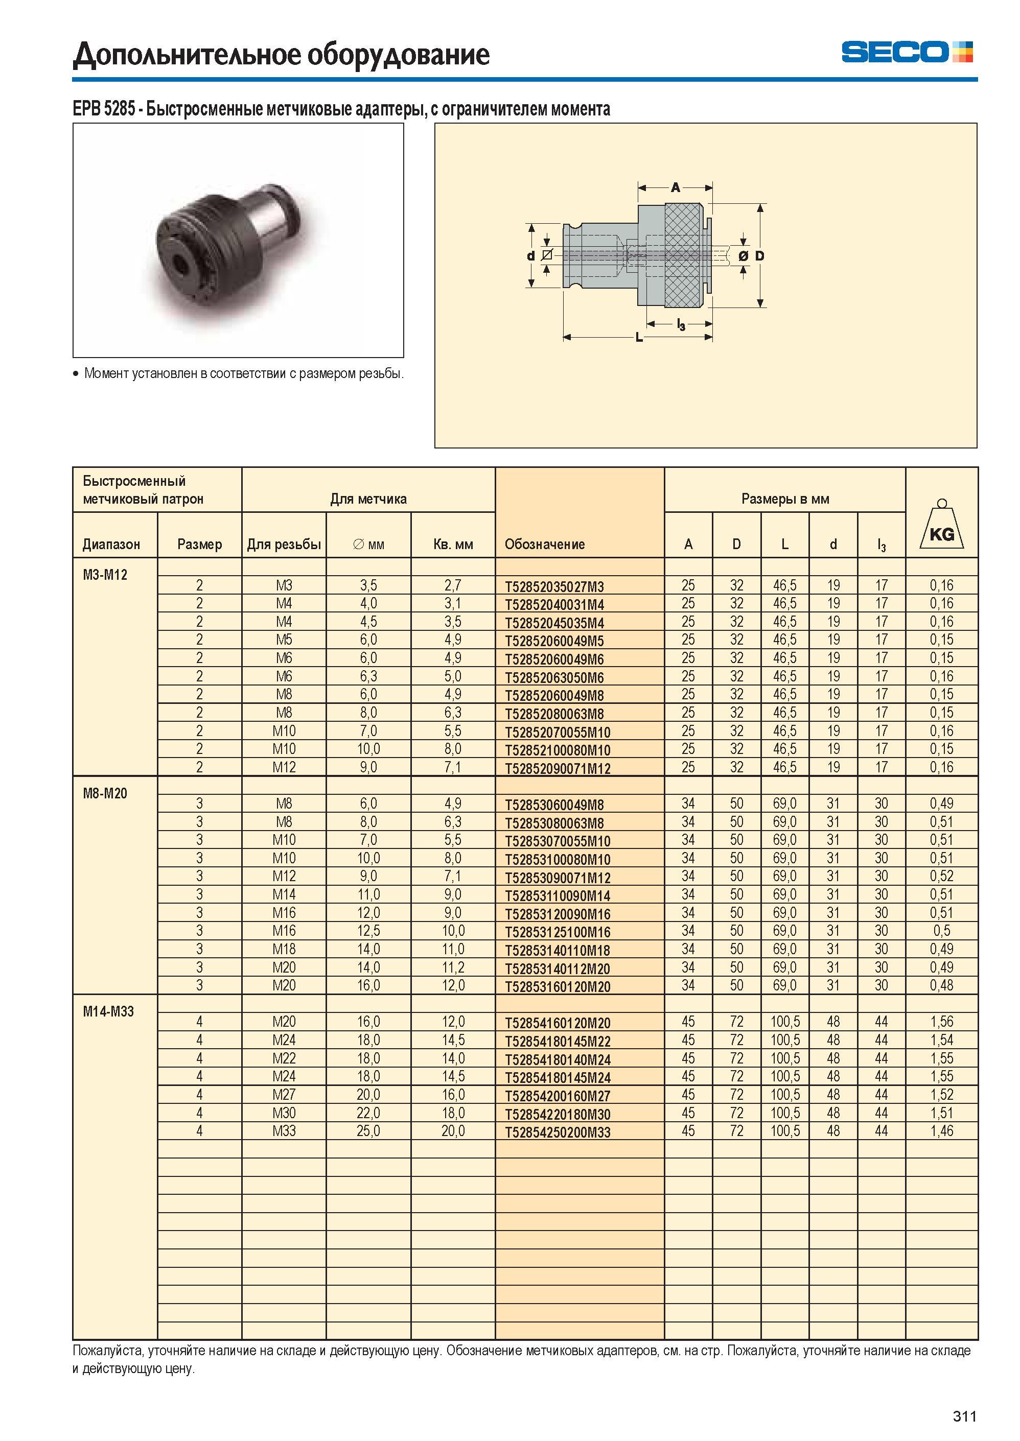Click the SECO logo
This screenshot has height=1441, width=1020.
(x=907, y=52)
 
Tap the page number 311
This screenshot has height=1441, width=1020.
(x=964, y=1416)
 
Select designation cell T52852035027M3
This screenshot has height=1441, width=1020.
(x=554, y=587)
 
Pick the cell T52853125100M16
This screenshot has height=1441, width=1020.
(x=557, y=932)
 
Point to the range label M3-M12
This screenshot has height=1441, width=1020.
(x=105, y=575)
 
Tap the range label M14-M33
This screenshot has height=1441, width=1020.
(x=108, y=1011)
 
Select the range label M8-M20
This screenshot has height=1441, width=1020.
(x=105, y=793)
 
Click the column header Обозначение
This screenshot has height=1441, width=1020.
(x=545, y=545)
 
